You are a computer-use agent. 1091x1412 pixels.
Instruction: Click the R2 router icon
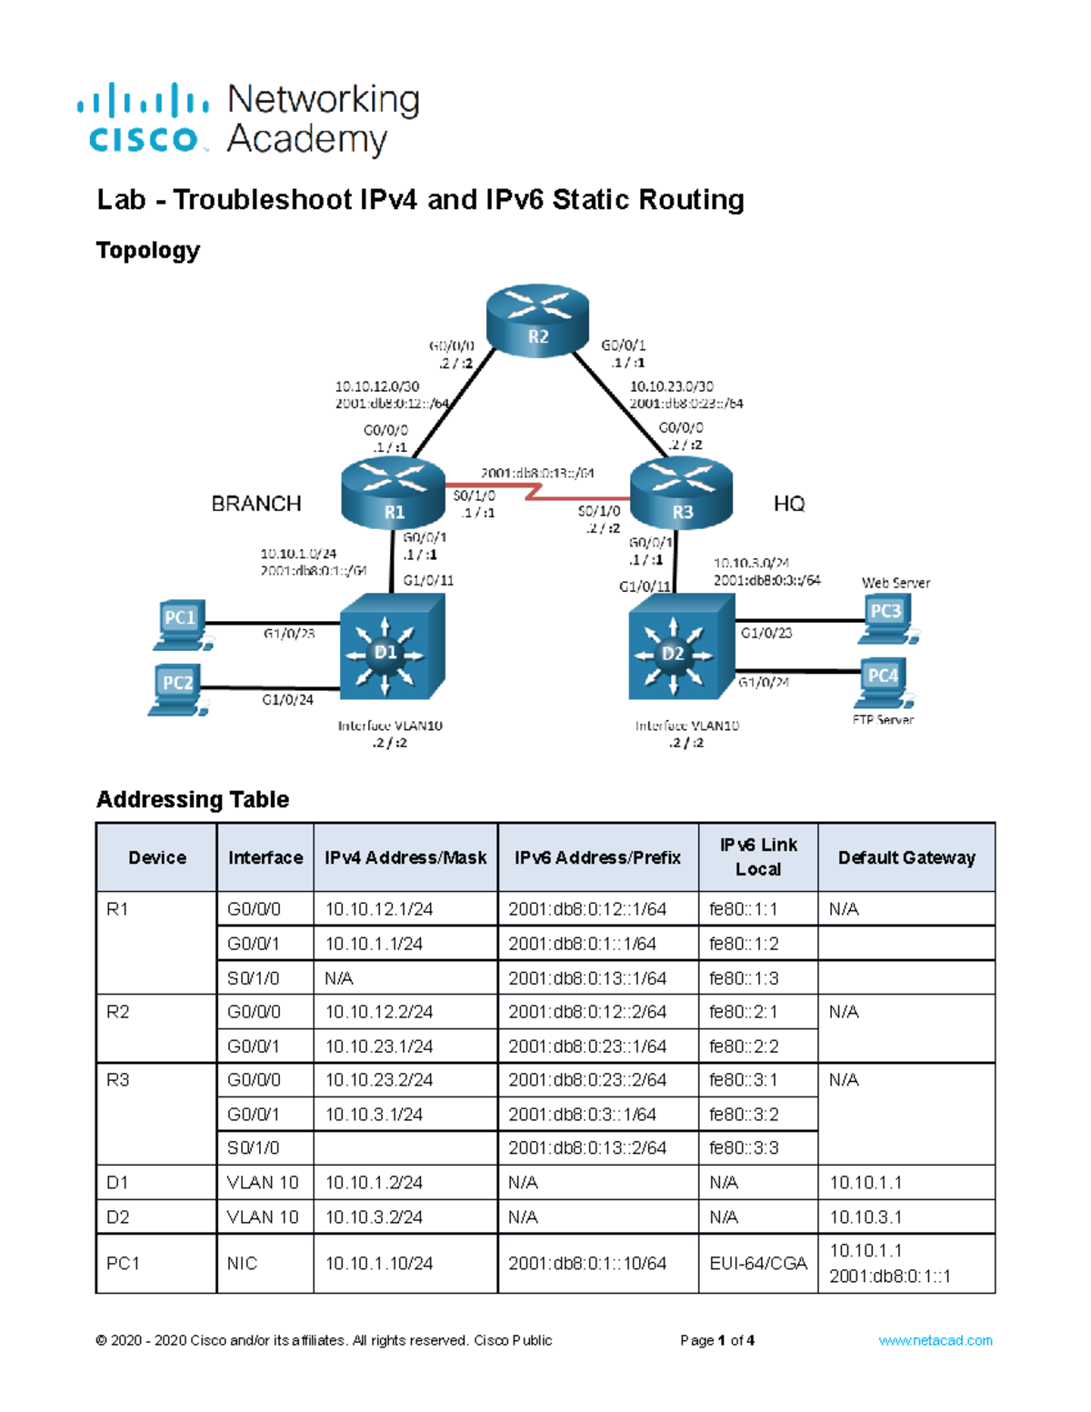click(537, 319)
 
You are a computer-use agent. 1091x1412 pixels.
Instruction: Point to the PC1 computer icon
click(181, 625)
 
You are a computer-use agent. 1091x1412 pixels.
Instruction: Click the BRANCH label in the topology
click(255, 504)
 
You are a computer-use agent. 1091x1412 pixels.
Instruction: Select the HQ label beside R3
click(788, 504)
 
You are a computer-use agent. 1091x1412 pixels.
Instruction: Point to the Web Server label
click(896, 583)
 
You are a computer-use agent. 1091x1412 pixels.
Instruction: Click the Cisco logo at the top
click(144, 119)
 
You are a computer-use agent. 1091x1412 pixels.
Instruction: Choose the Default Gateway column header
click(906, 857)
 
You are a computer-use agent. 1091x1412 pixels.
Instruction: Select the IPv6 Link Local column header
click(757, 856)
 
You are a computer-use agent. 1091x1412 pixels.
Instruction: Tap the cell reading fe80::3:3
click(744, 1148)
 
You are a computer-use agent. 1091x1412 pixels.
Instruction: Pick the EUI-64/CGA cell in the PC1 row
click(757, 1264)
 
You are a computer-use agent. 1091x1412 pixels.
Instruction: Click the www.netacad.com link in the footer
click(935, 1340)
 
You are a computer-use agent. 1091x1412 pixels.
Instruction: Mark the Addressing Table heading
click(193, 799)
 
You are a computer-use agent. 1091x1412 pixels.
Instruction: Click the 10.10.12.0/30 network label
click(376, 386)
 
